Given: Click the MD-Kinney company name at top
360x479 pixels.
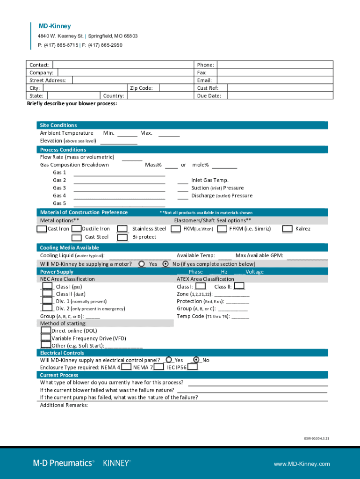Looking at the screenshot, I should pyautogui.click(x=55, y=26).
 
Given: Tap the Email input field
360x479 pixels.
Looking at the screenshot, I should pyautogui.click(x=275, y=80).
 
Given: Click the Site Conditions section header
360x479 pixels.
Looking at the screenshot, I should pyautogui.click(x=58, y=125).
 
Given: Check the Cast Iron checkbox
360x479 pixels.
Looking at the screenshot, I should pyautogui.click(x=42, y=229).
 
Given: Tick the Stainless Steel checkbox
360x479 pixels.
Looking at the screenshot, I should pyautogui.click(x=122, y=229).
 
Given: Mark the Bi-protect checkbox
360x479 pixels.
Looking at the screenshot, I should pyautogui.click(x=122, y=237).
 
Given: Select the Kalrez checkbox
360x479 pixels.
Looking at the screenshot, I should pyautogui.click(x=288, y=229).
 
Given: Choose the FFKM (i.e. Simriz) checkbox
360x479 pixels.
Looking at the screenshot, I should pyautogui.click(x=222, y=229).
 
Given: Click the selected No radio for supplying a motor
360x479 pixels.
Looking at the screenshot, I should pyautogui.click(x=165, y=264).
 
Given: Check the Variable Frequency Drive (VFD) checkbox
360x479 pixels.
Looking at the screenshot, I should pyautogui.click(x=45, y=338).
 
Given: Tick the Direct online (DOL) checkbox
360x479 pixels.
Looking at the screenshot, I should pyautogui.click(x=45, y=330).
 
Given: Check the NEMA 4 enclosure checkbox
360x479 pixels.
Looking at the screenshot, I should pyautogui.click(x=126, y=367).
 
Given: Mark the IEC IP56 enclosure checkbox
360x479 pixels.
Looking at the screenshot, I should pyautogui.click(x=192, y=367).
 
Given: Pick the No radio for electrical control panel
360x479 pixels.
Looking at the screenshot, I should pyautogui.click(x=196, y=360).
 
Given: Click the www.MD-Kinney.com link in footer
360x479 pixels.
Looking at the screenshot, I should pyautogui.click(x=302, y=464).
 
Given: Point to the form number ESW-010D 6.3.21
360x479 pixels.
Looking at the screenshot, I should pyautogui.click(x=317, y=438).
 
